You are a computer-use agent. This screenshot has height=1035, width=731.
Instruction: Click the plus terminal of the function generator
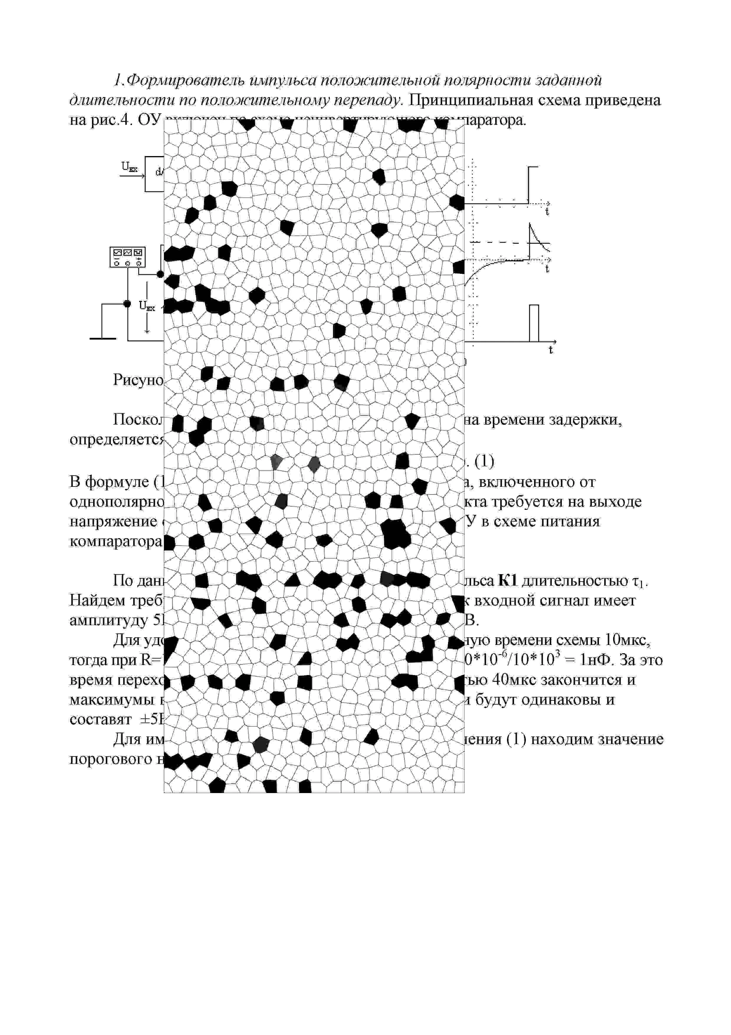click(x=139, y=263)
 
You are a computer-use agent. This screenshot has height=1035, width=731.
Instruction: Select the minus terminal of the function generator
click(x=117, y=263)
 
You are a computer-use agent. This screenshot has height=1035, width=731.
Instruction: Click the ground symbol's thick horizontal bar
click(x=103, y=338)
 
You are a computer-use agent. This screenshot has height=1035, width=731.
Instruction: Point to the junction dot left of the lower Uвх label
click(x=127, y=304)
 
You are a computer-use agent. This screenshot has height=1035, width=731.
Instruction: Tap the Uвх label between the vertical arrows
click(x=147, y=307)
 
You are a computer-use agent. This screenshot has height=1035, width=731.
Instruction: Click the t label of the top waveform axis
click(x=547, y=212)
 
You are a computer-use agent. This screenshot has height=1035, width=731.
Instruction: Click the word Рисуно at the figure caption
click(x=138, y=380)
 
